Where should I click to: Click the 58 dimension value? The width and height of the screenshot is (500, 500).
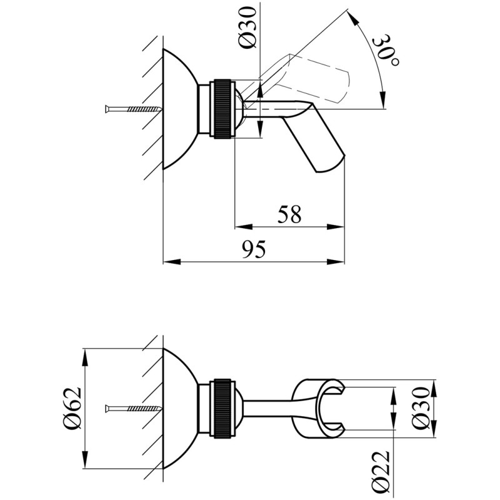pyautogui.click(x=289, y=214)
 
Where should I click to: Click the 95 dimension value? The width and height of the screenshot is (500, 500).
pyautogui.click(x=254, y=249)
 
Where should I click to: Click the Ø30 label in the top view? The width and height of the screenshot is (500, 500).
pyautogui.click(x=248, y=27)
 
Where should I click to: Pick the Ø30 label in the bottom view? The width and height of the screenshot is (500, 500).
pyautogui.click(x=421, y=408)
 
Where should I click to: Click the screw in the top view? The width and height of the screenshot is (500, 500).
pyautogui.click(x=133, y=109)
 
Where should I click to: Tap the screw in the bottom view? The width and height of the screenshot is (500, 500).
pyautogui.click(x=133, y=408)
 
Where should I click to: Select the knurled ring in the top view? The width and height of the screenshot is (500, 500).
pyautogui.click(x=222, y=109)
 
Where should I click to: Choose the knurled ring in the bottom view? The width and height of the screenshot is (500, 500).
pyautogui.click(x=222, y=409)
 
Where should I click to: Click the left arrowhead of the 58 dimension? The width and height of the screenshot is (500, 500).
pyautogui.click(x=243, y=227)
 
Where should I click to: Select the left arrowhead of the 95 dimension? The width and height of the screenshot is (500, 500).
pyautogui.click(x=172, y=262)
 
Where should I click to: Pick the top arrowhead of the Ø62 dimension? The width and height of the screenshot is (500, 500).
pyautogui.click(x=86, y=357)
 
